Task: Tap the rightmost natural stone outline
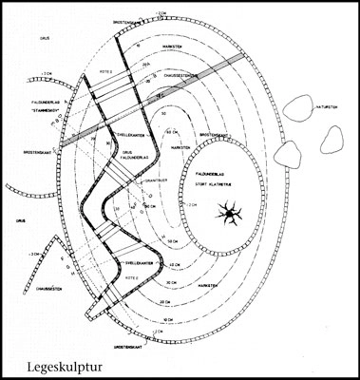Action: point(329,142)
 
